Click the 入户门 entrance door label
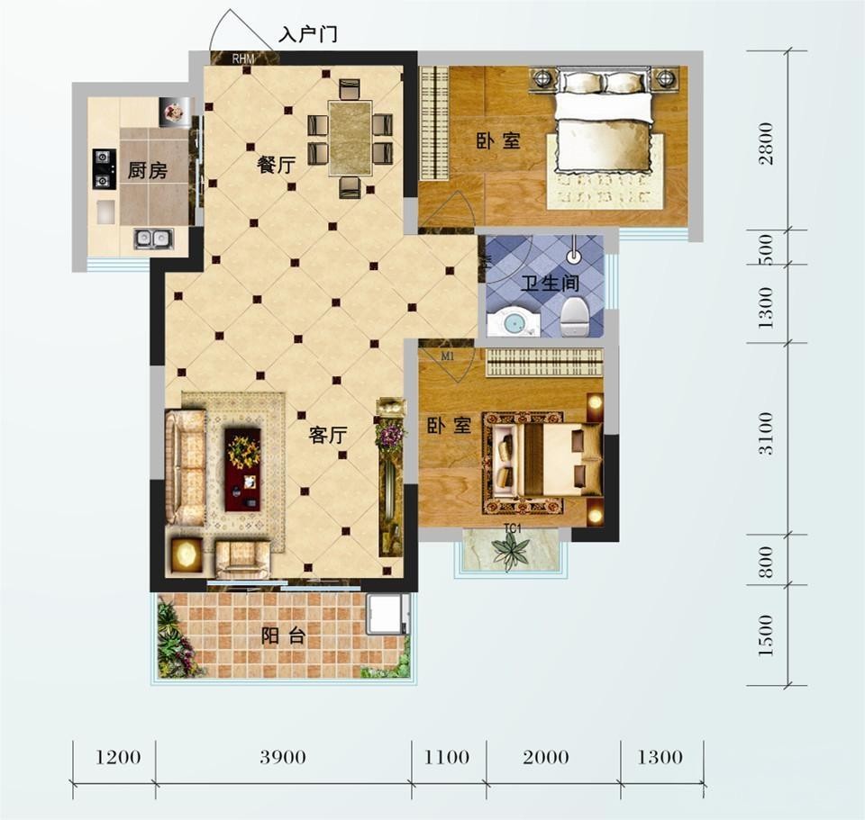[308, 34]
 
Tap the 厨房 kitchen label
[147, 170]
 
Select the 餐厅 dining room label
[277, 164]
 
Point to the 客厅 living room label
[328, 435]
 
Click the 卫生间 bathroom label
[550, 284]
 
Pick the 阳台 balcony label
[284, 636]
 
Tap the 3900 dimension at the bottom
[283, 757]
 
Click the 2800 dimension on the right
[766, 143]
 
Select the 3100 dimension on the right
[766, 433]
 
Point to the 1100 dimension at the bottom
[447, 757]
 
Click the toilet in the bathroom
[575, 316]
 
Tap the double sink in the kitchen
[153, 238]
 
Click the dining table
[350, 139]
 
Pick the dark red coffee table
[242, 470]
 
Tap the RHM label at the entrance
[243, 58]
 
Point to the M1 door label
[448, 356]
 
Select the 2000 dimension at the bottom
[546, 757]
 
